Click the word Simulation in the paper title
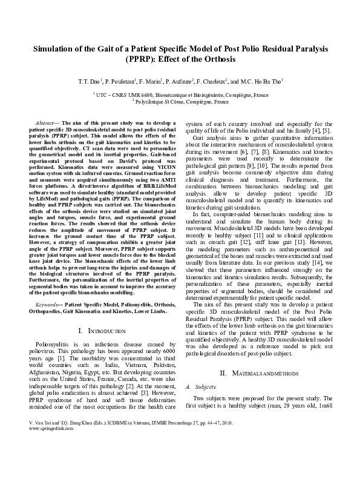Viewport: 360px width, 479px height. (x=55, y=48)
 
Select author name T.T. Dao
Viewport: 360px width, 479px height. (x=87, y=80)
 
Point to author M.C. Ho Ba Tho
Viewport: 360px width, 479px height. (x=262, y=80)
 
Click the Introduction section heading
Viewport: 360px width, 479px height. (x=102, y=331)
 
